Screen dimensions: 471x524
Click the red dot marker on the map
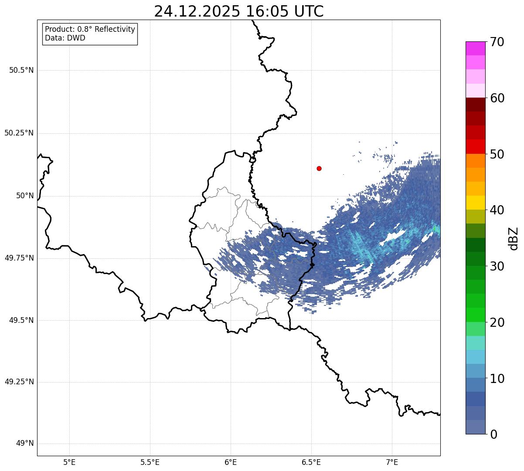click(319, 168)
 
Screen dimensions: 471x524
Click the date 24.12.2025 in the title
click(197, 11)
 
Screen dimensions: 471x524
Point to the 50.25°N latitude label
click(19, 133)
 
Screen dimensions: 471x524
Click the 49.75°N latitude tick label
click(19, 258)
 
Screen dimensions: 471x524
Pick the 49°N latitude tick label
click(25, 444)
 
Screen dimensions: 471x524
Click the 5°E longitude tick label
click(69, 462)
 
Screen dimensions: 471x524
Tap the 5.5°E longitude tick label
click(150, 462)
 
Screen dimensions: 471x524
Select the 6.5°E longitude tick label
click(311, 462)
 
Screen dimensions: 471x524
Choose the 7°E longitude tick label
click(392, 462)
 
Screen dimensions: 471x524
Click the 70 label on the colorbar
click(497, 42)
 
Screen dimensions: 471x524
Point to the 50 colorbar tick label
click(497, 154)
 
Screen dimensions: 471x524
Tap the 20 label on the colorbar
click(497, 322)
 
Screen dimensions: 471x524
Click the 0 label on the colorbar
click(493, 434)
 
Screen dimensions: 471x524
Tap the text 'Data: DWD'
click(65, 38)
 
